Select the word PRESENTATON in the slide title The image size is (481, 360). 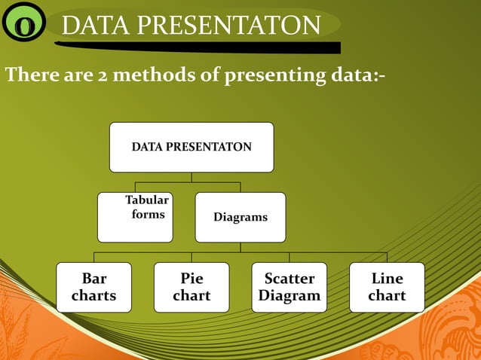point(225,26)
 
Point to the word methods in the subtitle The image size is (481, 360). point(158,76)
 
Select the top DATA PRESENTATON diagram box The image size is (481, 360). point(191,147)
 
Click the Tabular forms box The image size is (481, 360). point(135,217)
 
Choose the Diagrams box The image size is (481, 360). point(240,217)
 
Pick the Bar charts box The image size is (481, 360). point(93,287)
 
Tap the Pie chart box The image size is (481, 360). point(191,287)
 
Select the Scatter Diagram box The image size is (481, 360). point(289,287)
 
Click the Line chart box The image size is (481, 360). point(387,287)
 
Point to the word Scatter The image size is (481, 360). point(289,279)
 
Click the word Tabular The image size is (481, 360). point(147,200)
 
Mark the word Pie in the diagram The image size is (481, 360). point(191,279)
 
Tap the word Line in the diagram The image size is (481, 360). point(387,279)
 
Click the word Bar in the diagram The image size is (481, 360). point(93,279)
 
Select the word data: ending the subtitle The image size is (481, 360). point(354,76)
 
